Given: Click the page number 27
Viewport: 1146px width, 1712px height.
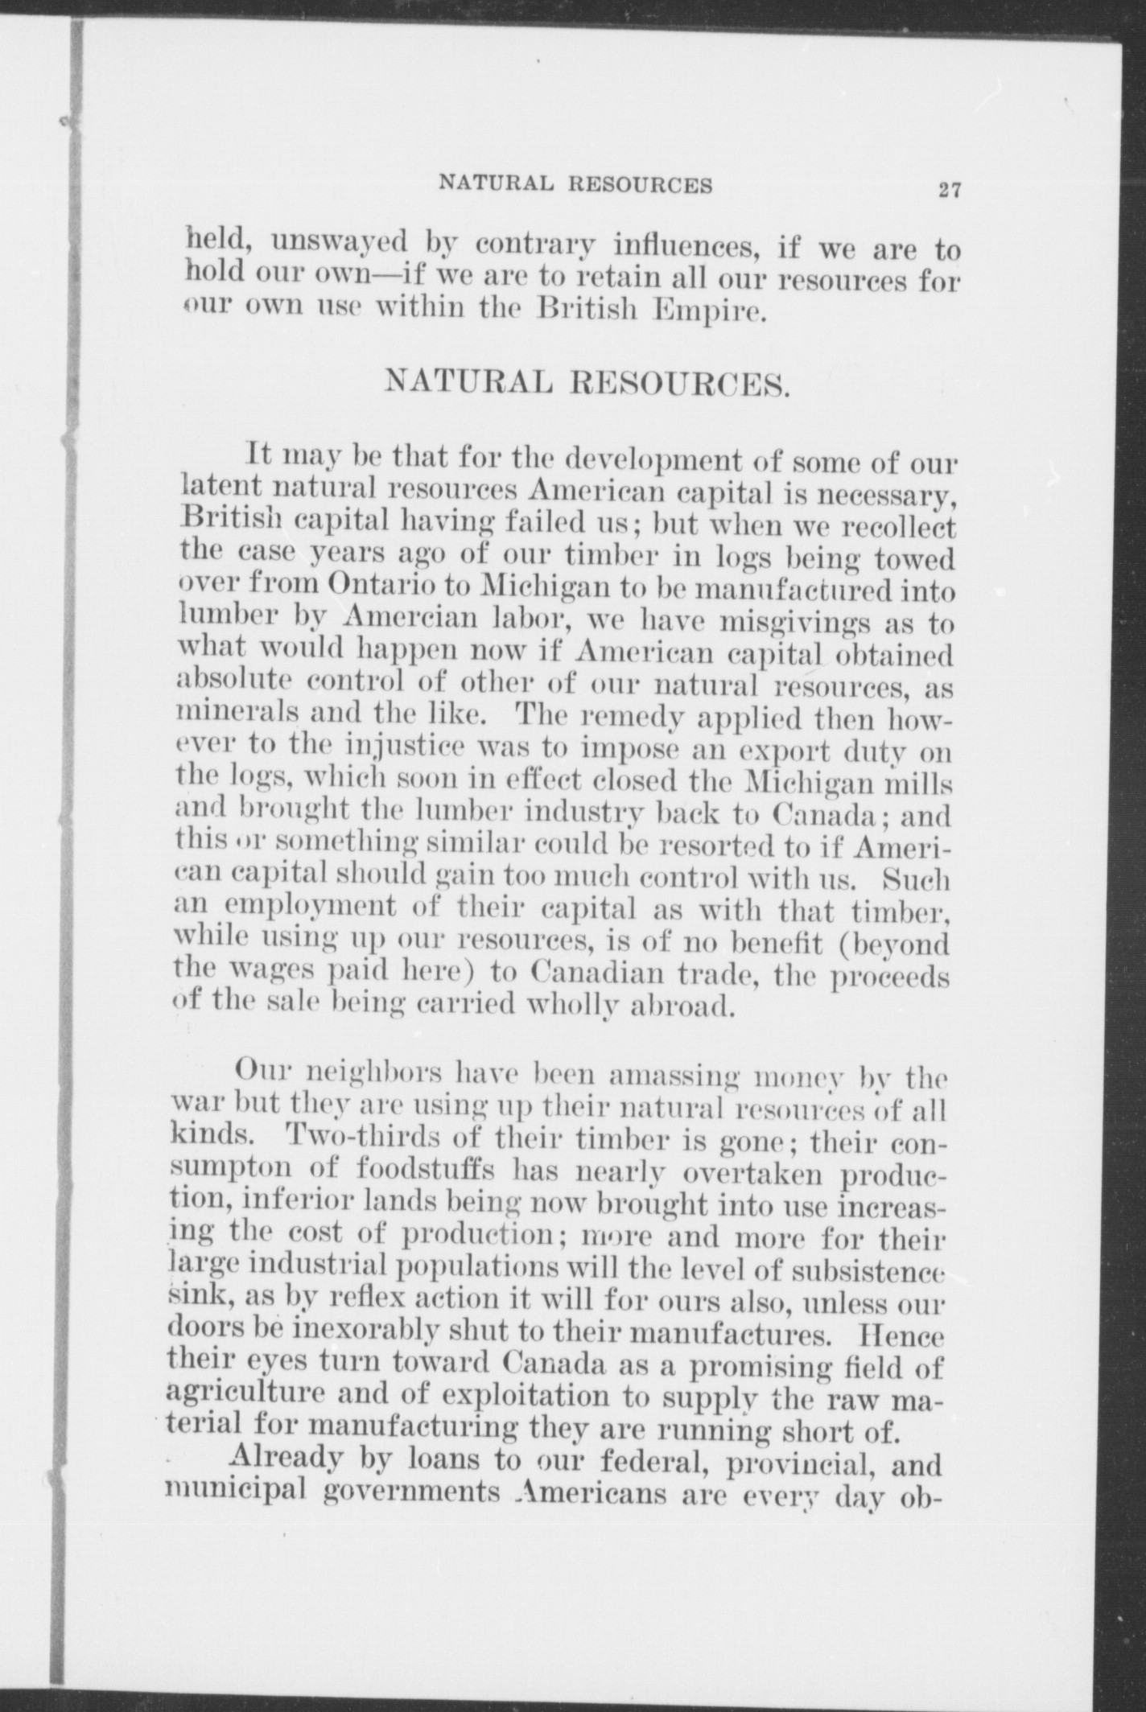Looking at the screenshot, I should [x=950, y=190].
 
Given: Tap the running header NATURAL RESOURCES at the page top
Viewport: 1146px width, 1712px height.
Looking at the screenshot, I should [x=575, y=185].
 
